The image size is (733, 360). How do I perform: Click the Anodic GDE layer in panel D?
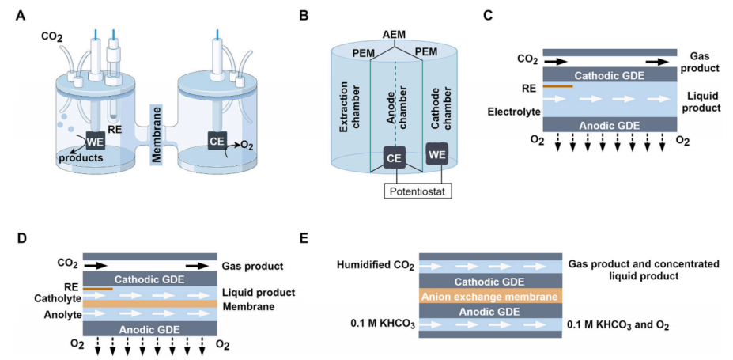click(x=149, y=328)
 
